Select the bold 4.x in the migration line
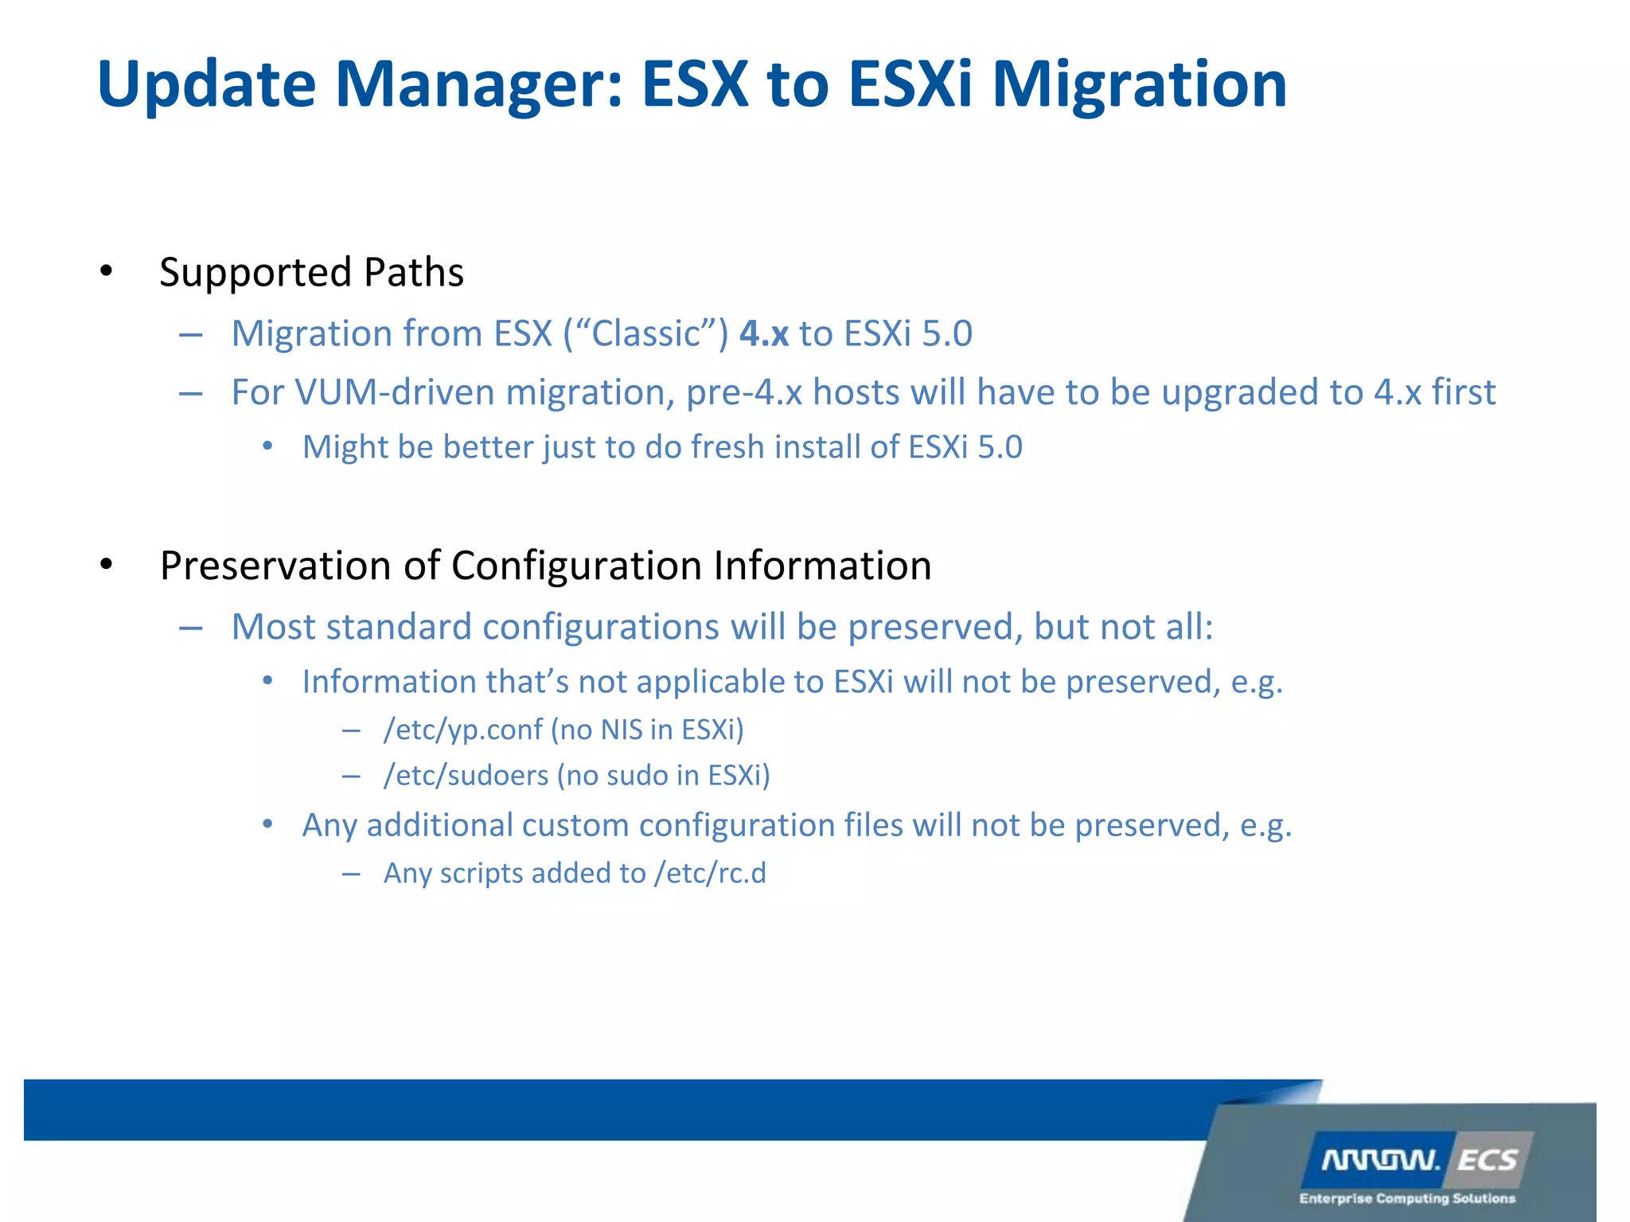coord(764,334)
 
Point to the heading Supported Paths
coord(311,273)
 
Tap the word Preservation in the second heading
coord(275,566)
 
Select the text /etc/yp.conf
coord(462,730)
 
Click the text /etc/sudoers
coord(466,776)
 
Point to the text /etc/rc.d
coord(710,874)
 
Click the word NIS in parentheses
coord(621,730)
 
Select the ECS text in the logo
coord(1487,1161)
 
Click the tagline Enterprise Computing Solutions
coord(1407,1198)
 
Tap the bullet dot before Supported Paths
coord(106,272)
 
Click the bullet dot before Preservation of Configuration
coord(106,566)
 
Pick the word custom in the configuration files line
coord(575,826)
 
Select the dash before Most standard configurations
coord(190,629)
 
